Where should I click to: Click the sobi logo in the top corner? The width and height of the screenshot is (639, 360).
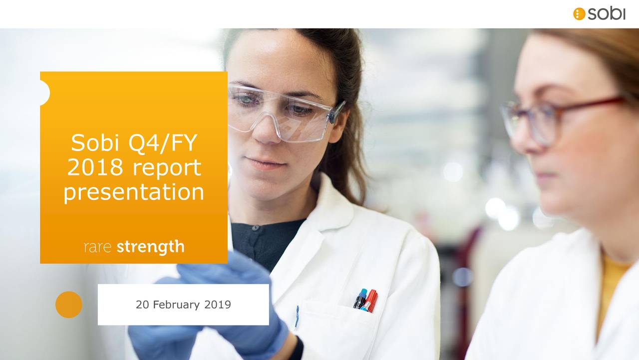(599, 13)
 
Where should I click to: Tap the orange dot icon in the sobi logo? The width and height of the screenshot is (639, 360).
(579, 14)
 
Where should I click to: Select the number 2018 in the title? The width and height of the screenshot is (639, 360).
(95, 167)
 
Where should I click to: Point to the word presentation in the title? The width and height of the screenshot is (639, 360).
(134, 192)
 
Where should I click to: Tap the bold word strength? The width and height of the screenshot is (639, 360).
(150, 246)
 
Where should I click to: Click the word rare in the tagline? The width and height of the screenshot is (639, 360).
(97, 247)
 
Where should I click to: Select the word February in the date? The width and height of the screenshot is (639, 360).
(175, 304)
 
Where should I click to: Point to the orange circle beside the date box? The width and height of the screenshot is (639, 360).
(68, 304)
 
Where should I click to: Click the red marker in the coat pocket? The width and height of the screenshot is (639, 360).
(370, 300)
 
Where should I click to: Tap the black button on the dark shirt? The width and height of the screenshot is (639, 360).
(255, 228)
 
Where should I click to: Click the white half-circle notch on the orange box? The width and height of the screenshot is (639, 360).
(44, 93)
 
